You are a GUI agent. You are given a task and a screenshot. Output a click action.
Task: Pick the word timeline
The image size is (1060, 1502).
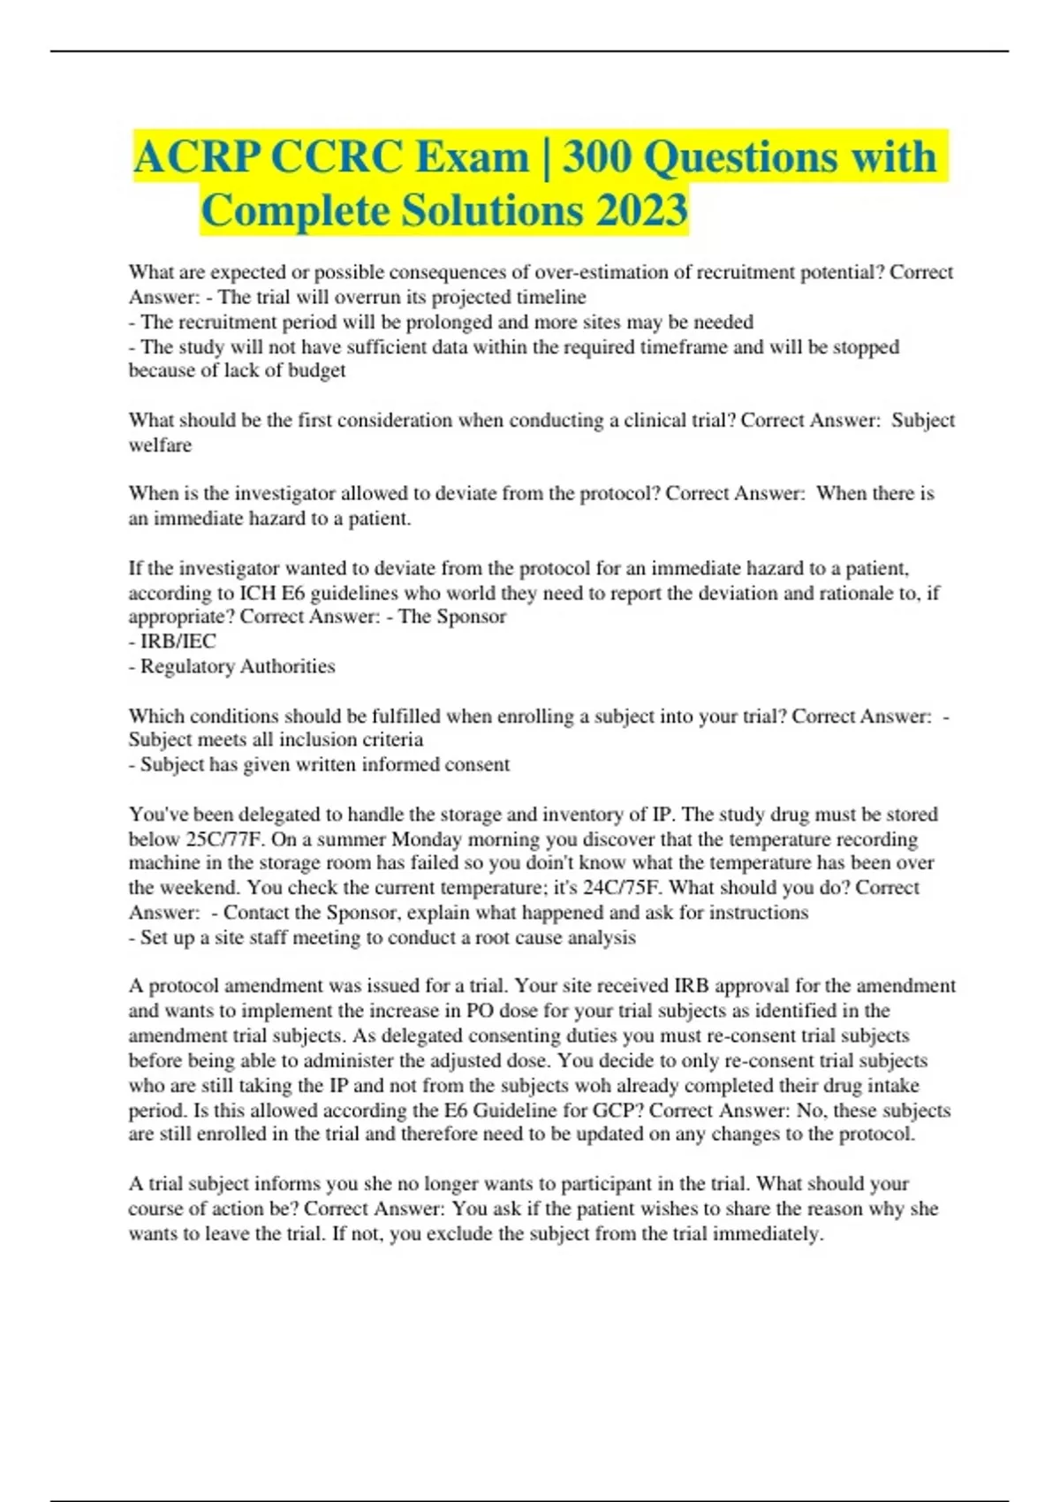[550, 297]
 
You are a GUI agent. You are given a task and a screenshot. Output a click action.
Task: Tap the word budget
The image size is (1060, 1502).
[317, 371]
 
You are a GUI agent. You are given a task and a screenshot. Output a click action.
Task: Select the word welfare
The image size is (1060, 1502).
[160, 445]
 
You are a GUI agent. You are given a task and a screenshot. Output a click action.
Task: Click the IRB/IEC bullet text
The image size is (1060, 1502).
[178, 641]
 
